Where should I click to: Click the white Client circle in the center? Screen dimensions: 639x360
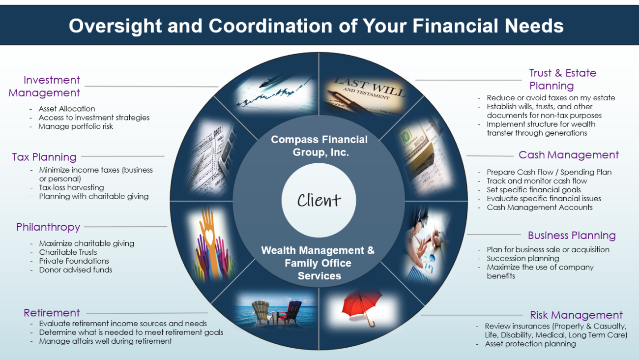[x=319, y=200]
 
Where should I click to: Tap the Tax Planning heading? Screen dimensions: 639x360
[x=44, y=157]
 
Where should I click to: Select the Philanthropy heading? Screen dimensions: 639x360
[x=48, y=227]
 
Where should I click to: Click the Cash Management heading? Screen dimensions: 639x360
[x=569, y=155]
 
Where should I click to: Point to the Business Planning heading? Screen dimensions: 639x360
[x=572, y=235]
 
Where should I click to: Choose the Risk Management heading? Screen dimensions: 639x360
[x=576, y=315]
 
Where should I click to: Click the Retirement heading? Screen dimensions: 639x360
[x=52, y=313]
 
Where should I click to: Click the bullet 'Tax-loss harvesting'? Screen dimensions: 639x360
[x=71, y=187]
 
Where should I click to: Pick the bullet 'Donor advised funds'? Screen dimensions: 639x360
[x=76, y=270]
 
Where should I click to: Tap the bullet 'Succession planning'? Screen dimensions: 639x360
[x=523, y=258]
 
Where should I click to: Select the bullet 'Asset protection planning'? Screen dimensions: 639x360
[x=530, y=344]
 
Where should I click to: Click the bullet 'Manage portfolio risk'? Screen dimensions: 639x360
[x=76, y=126]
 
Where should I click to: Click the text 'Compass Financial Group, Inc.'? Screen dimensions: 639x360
[x=319, y=146]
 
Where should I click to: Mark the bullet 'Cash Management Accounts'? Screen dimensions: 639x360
[x=539, y=207]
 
